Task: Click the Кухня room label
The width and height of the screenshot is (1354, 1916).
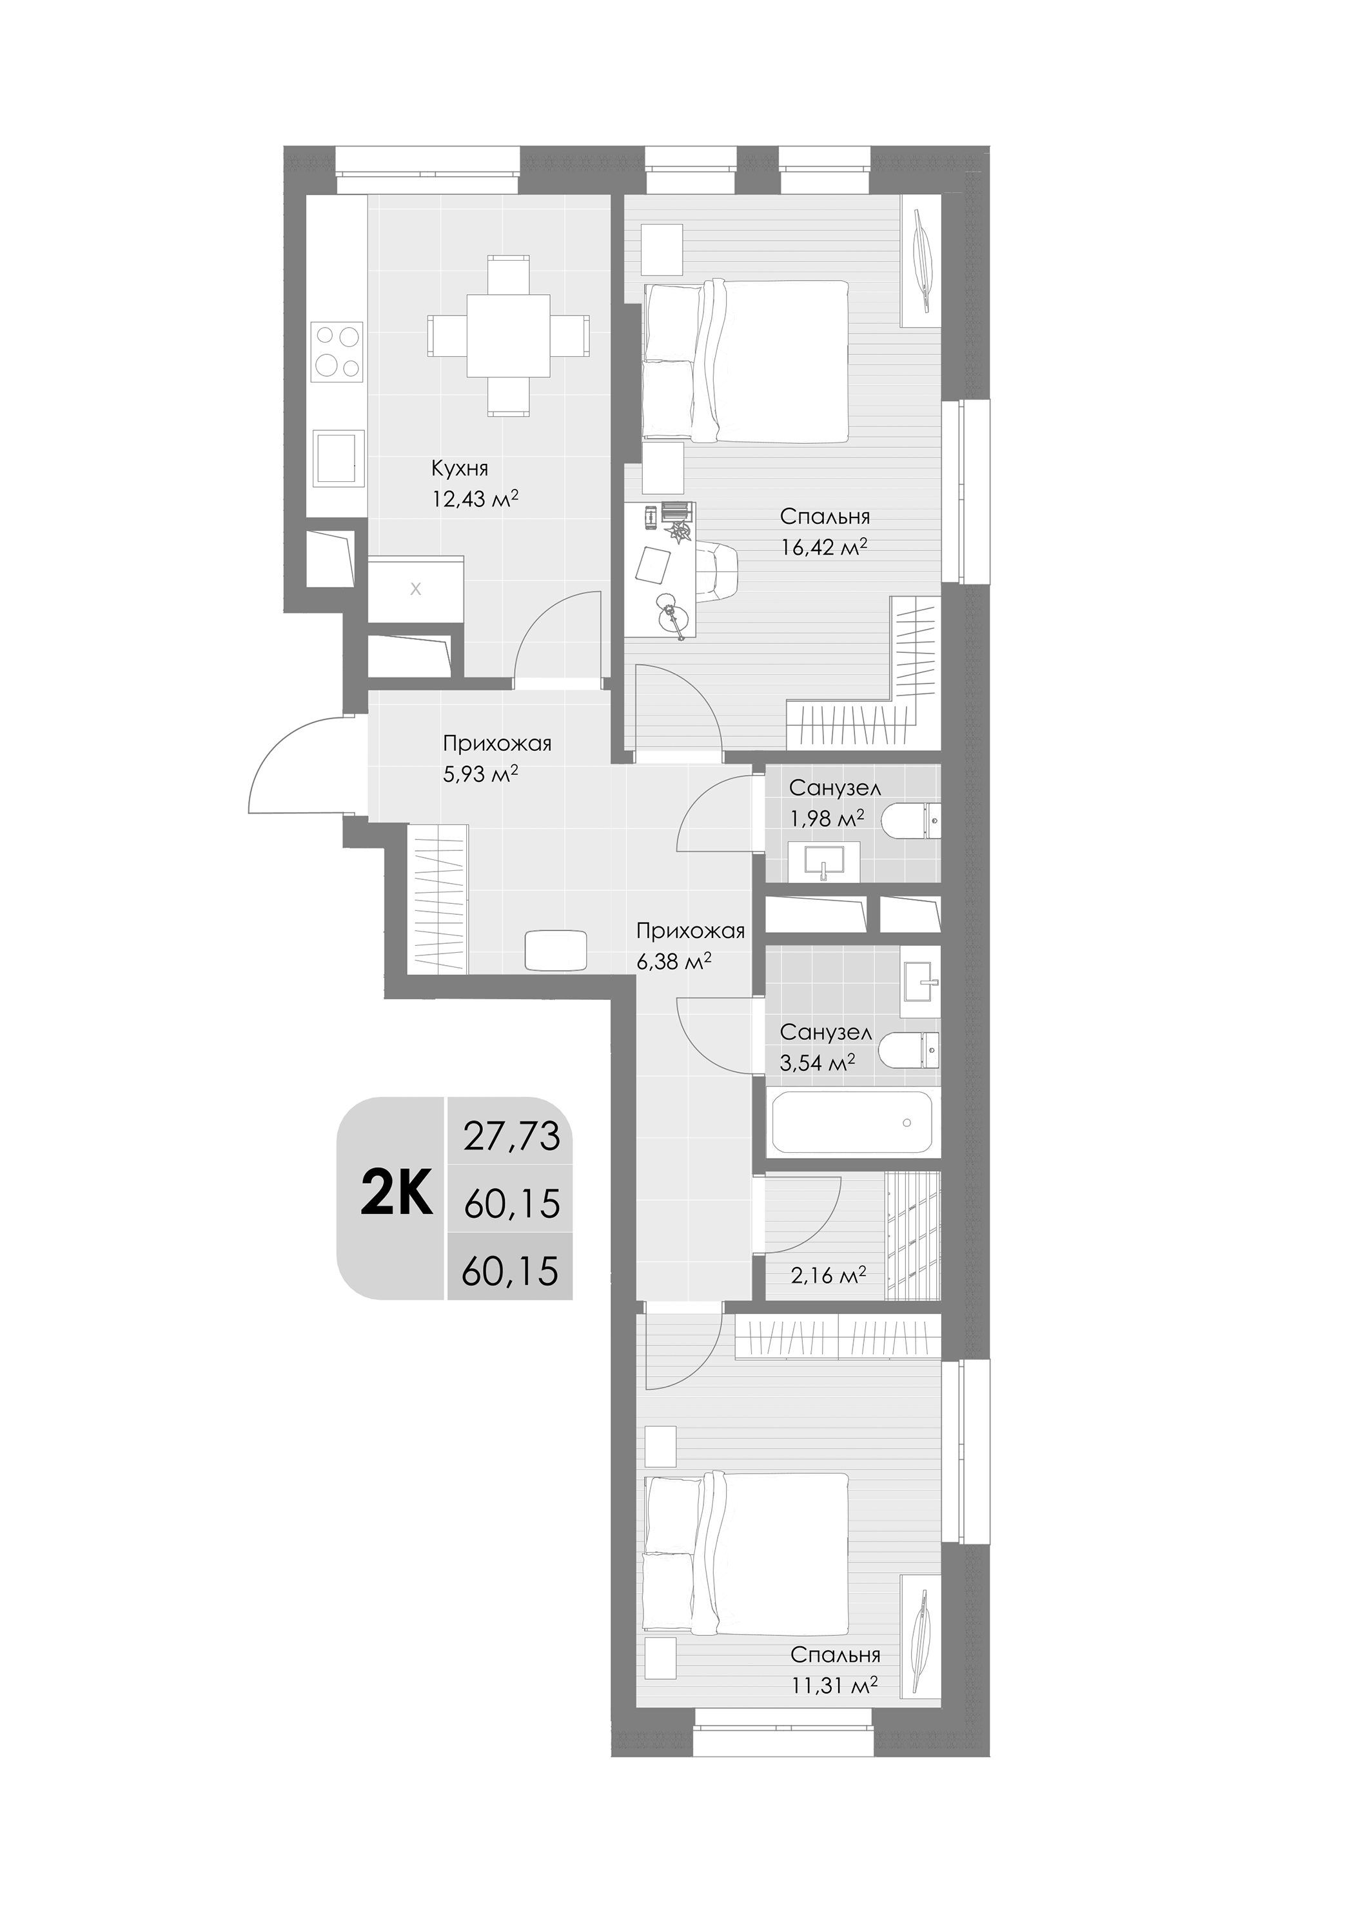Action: point(459,468)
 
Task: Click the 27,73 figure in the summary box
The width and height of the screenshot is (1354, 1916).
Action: point(511,1137)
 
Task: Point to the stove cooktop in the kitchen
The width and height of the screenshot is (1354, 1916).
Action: point(338,352)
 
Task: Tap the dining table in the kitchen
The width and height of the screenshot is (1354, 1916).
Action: point(508,335)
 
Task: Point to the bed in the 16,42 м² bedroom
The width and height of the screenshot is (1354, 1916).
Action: point(747,361)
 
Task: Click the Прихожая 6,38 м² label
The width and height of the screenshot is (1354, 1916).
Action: point(689,946)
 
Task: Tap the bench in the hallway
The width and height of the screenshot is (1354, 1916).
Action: point(557,950)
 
